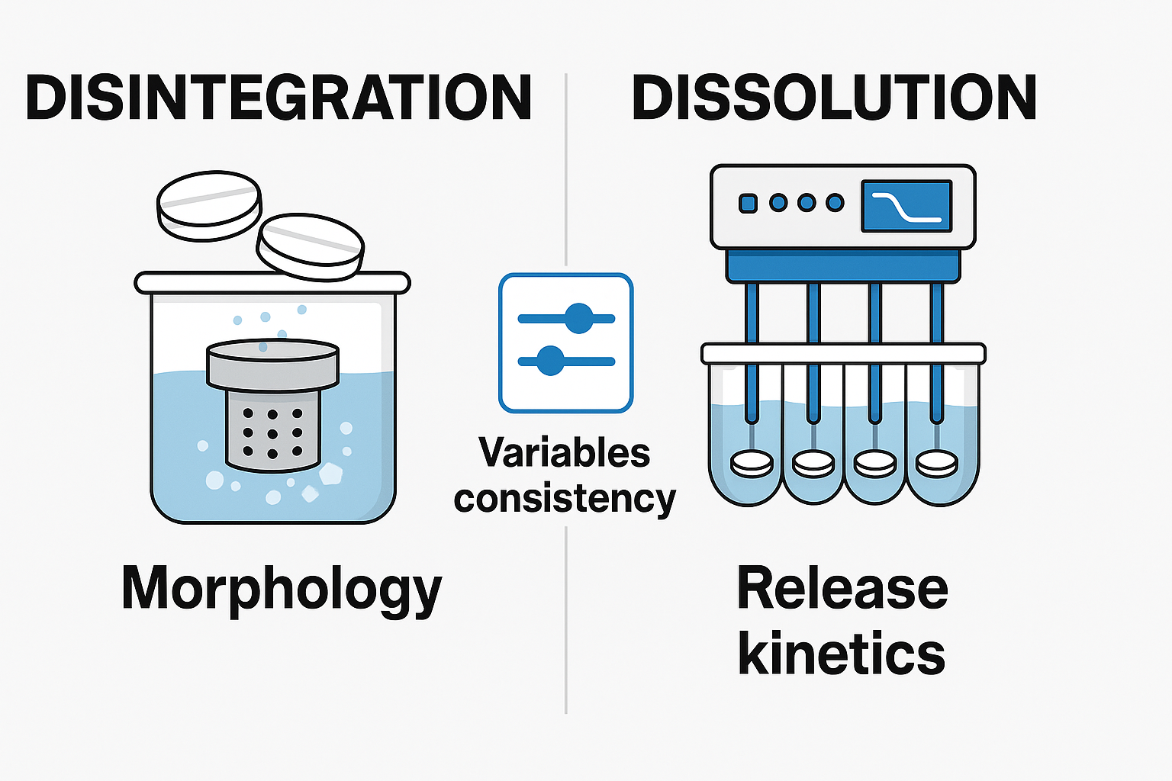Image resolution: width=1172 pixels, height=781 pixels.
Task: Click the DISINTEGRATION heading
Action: (279, 98)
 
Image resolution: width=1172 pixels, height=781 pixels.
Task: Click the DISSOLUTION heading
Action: (834, 98)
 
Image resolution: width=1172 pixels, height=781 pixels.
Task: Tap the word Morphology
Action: (282, 590)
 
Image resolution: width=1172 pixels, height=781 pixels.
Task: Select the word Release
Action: (842, 589)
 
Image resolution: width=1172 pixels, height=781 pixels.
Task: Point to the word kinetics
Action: (842, 654)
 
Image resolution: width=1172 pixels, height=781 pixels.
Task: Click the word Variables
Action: (565, 452)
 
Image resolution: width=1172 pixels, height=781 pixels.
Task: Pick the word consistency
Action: (565, 499)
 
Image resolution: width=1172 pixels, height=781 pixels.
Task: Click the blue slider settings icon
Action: (565, 342)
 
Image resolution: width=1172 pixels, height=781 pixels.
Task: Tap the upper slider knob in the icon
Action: (578, 318)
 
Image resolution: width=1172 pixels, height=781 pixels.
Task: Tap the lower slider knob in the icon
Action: (550, 361)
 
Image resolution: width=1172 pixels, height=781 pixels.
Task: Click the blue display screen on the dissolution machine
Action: (906, 206)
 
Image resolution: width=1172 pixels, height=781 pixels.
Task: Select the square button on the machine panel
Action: (749, 203)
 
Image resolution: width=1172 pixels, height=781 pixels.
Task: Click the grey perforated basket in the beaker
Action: (272, 431)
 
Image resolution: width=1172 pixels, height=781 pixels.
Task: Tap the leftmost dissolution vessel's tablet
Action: (752, 464)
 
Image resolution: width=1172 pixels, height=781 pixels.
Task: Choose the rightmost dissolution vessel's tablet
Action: (936, 464)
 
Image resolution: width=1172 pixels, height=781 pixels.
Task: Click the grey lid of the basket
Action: (272, 365)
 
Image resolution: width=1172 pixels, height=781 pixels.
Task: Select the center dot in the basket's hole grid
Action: (272, 433)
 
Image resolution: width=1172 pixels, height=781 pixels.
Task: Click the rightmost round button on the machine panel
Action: (835, 203)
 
